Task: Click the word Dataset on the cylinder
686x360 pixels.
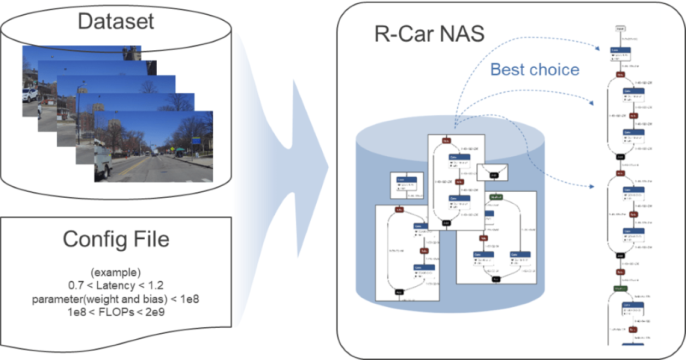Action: pos(116,21)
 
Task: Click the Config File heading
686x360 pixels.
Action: pos(116,239)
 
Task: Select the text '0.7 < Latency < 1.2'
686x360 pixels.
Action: pos(116,285)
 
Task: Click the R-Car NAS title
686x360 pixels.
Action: pos(429,34)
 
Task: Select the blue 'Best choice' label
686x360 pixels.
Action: pos(535,69)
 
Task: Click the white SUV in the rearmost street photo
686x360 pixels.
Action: pos(29,95)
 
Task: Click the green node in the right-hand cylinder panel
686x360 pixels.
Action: pos(496,196)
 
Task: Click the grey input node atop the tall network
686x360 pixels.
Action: pos(620,28)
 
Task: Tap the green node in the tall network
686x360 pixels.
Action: pos(619,288)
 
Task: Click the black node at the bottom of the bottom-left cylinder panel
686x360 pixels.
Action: pos(399,292)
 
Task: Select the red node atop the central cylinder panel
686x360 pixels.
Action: pos(446,140)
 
